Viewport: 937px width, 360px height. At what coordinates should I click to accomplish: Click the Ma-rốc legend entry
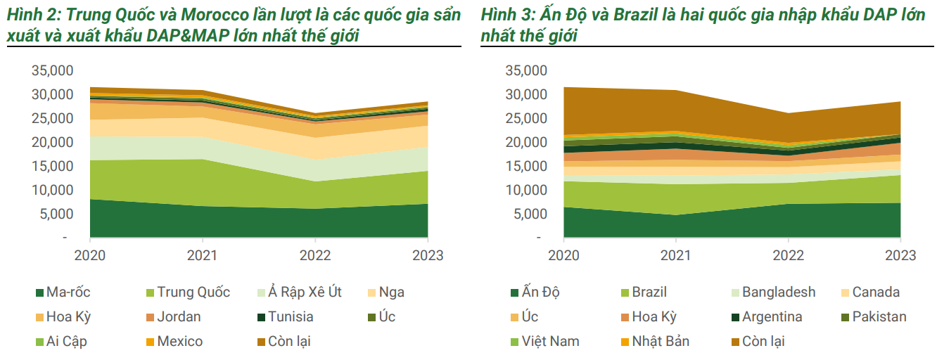coord(68,292)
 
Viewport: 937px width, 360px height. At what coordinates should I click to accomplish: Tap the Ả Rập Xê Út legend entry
coord(304,292)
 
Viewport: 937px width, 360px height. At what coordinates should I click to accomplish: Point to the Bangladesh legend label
coord(778,292)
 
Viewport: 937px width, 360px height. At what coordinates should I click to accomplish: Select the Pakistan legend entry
coord(879,317)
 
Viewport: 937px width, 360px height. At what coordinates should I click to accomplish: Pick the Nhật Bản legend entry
coord(660,342)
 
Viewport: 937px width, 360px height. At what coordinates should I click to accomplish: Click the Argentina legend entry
coord(772,317)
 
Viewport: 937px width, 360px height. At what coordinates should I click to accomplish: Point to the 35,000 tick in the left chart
coord(52,70)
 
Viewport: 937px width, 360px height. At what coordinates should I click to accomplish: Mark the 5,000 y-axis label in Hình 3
coord(530,214)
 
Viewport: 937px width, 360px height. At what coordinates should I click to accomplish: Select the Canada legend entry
coord(876,292)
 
